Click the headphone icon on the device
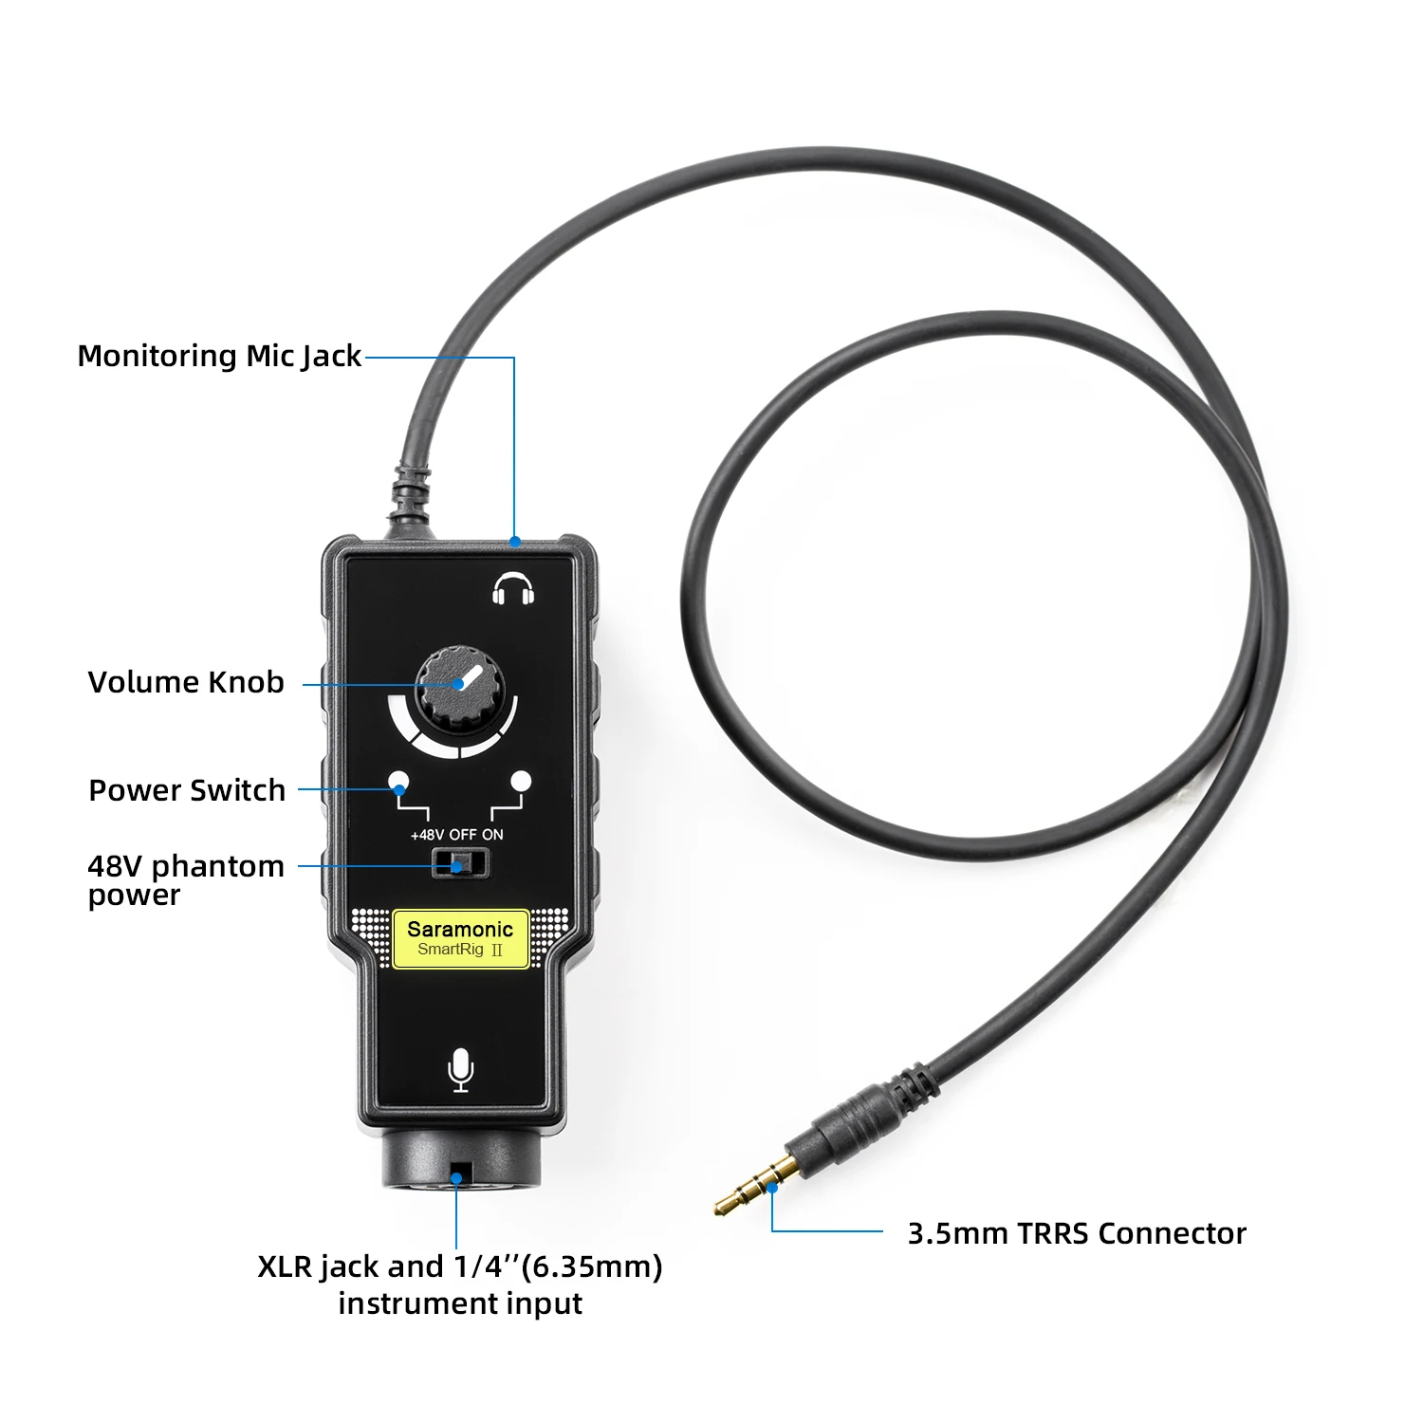click(x=513, y=589)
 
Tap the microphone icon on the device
click(x=461, y=1069)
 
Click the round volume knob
click(x=461, y=688)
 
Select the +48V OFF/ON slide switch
click(x=460, y=864)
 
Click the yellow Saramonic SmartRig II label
click(x=461, y=938)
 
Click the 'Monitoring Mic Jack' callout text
click(x=219, y=356)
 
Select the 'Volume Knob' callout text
click(x=186, y=682)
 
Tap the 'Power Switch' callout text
click(x=187, y=790)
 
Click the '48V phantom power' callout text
click(x=185, y=879)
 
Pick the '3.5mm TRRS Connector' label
click(x=1077, y=1233)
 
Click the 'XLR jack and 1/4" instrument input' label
click(x=460, y=1284)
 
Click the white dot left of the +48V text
click(x=399, y=782)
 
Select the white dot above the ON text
click(x=521, y=782)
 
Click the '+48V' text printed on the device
click(x=427, y=835)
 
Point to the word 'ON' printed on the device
click(x=492, y=835)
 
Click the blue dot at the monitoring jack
click(x=514, y=542)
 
